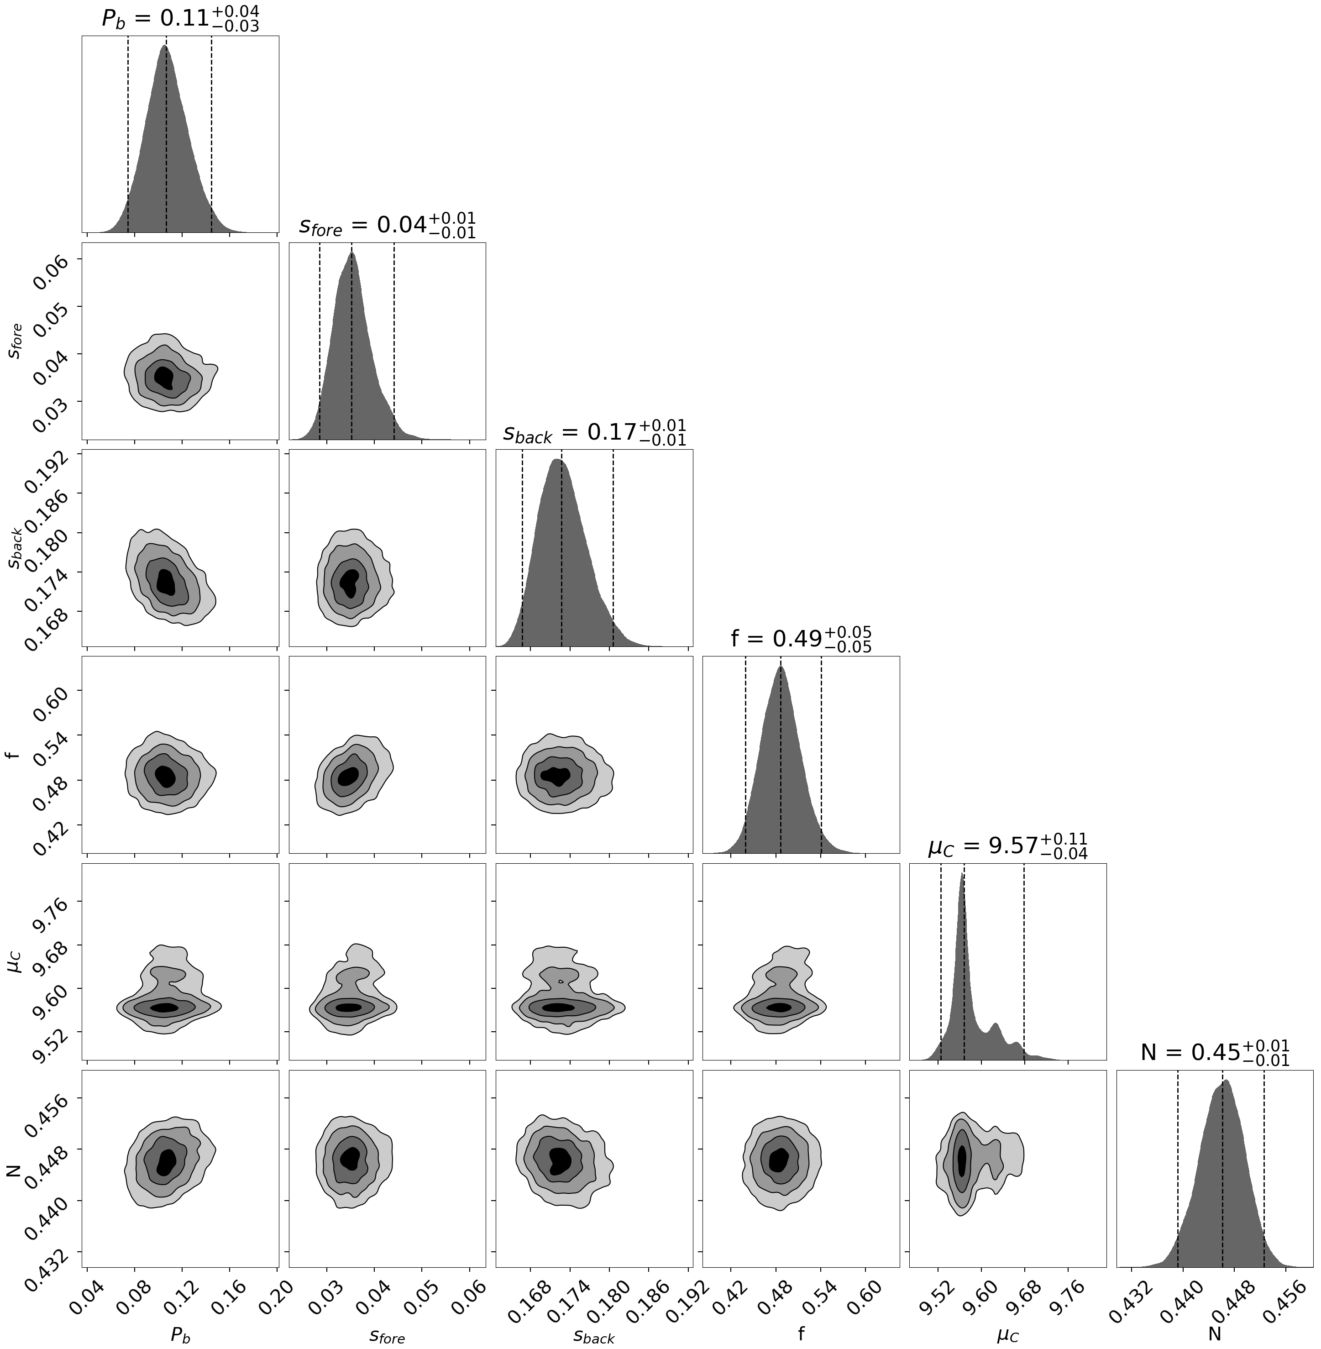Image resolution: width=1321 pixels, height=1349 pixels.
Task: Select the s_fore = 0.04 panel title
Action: click(x=387, y=226)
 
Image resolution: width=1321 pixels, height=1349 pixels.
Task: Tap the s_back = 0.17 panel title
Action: click(x=595, y=432)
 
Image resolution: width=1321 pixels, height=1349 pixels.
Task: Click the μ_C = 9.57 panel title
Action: click(x=1007, y=846)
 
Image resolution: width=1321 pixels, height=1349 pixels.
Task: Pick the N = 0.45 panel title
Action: click(x=1215, y=1053)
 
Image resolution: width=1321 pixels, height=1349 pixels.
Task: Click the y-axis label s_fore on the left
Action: click(x=15, y=341)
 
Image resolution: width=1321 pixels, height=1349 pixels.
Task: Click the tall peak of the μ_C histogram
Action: click(x=962, y=876)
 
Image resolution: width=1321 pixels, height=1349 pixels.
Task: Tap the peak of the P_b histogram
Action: click(x=164, y=47)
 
